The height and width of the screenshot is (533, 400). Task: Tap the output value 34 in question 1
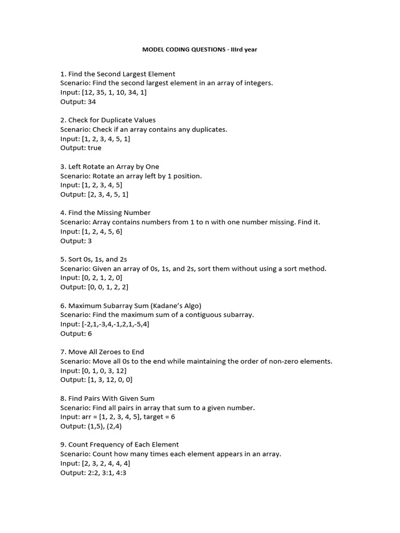pos(92,102)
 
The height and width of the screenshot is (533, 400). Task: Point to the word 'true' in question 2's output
pos(94,148)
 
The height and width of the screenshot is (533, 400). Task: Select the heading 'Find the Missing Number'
pos(109,213)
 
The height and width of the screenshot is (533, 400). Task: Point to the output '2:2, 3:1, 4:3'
pos(107,473)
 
